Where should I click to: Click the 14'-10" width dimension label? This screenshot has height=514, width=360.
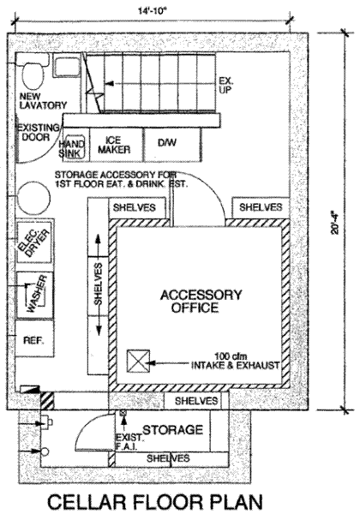click(153, 11)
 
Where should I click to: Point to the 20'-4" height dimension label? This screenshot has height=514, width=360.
click(335, 224)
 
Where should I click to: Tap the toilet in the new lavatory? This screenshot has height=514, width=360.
click(33, 74)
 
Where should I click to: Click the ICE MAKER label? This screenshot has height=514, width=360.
click(114, 145)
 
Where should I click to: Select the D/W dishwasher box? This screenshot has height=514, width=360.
click(172, 144)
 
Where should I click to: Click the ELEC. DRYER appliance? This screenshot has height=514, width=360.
click(34, 242)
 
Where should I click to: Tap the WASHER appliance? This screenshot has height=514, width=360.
click(34, 295)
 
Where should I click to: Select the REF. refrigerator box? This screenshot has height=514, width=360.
click(34, 338)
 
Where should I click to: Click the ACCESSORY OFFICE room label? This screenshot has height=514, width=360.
click(201, 302)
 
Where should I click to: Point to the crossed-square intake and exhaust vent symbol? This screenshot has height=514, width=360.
click(138, 362)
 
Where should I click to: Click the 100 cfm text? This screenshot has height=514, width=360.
click(231, 356)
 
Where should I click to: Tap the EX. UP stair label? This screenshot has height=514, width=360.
click(226, 85)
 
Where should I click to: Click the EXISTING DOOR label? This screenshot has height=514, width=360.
click(38, 132)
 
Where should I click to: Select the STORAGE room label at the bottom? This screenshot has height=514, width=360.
click(173, 430)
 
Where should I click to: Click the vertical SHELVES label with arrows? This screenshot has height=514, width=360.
click(98, 284)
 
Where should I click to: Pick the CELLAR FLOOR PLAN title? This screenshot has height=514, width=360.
click(155, 501)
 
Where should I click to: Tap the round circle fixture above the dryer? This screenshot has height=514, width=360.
click(33, 199)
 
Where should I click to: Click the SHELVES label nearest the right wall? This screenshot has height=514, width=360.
click(261, 207)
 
